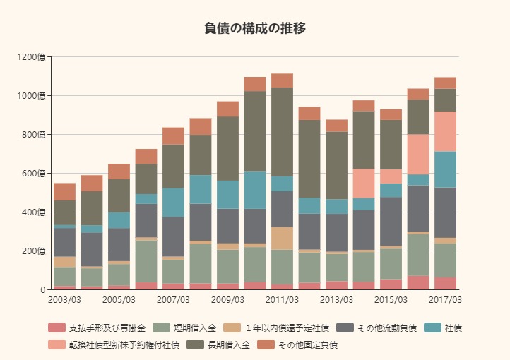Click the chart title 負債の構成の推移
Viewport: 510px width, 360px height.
(255, 28)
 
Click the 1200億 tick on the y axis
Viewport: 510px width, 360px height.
(32, 57)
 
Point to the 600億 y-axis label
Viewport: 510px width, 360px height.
(35, 174)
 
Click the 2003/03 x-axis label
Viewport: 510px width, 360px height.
(64, 301)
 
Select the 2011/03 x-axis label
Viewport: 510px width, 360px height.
(282, 301)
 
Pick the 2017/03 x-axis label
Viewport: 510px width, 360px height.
(446, 301)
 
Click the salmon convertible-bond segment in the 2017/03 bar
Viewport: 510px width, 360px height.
(445, 131)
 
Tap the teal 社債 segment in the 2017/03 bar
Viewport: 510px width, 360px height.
(445, 169)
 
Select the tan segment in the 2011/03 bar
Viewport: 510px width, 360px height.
(282, 238)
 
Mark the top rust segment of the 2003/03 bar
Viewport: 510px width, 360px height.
(64, 191)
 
